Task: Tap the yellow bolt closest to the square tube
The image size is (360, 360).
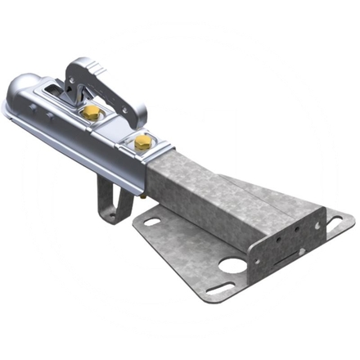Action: pyautogui.click(x=143, y=142)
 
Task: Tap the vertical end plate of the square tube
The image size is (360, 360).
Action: pyautogui.click(x=282, y=237)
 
